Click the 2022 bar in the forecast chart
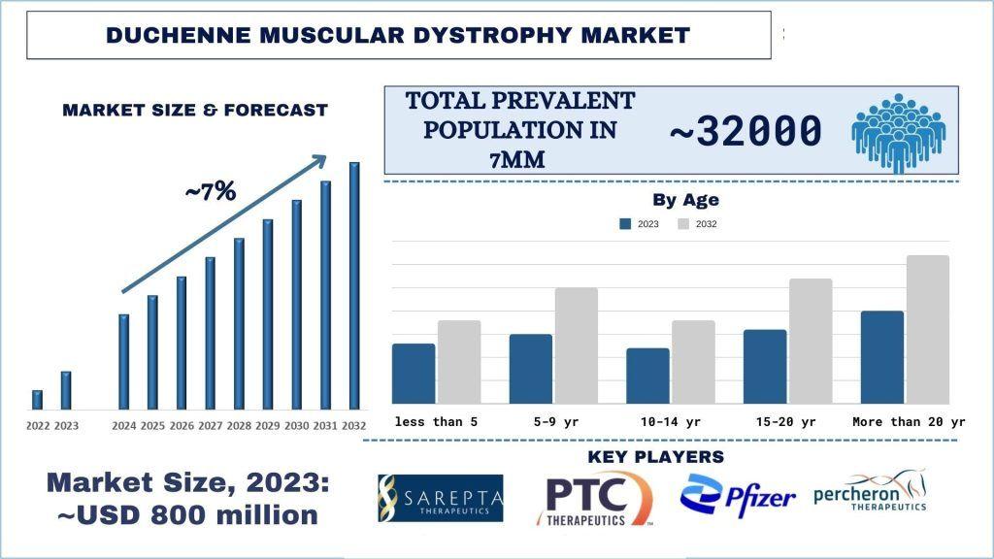point(37,399)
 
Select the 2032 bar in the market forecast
point(354,285)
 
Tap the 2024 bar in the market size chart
point(123,361)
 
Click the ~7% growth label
point(211,192)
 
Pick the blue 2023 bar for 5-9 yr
point(531,369)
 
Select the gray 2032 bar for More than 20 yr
point(927,329)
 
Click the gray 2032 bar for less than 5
point(459,362)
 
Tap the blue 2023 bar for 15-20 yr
point(765,367)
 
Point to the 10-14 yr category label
point(670,422)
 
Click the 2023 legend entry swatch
point(625,224)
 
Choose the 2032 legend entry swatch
point(683,224)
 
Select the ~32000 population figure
point(746,131)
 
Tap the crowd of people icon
point(897,131)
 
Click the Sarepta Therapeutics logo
point(441,498)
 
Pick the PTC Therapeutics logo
point(595,498)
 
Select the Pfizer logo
point(738,497)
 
